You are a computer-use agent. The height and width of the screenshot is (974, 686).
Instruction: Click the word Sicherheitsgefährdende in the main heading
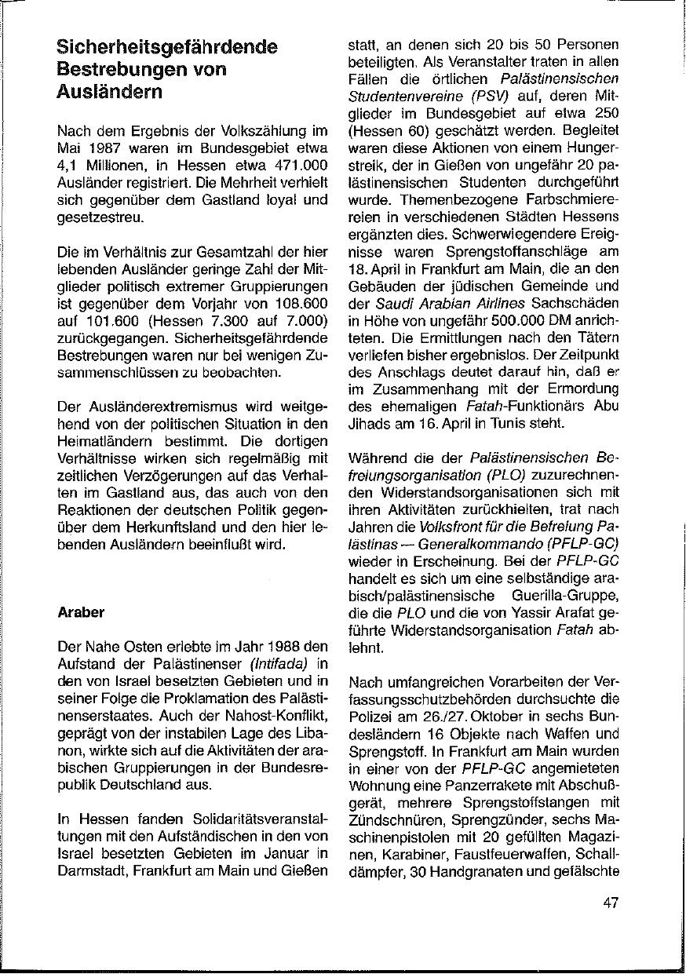click(167, 47)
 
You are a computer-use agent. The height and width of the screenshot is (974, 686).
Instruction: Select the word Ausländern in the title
click(110, 91)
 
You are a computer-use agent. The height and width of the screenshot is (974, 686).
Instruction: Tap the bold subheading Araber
click(81, 612)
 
